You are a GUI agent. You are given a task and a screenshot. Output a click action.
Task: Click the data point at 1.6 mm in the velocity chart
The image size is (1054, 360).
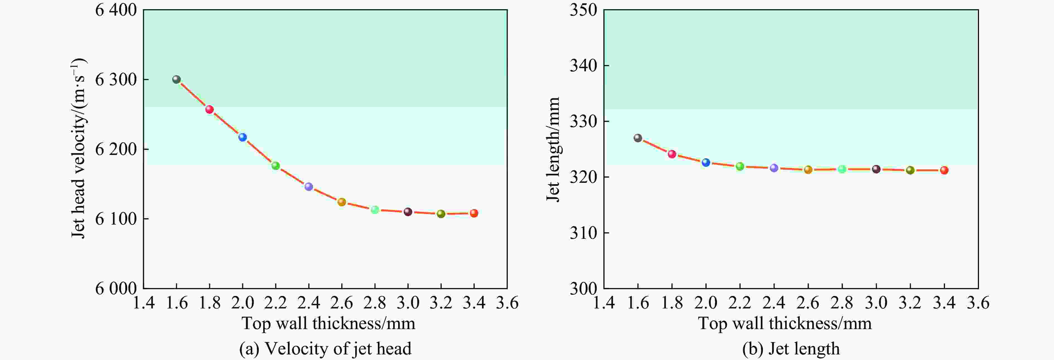176,79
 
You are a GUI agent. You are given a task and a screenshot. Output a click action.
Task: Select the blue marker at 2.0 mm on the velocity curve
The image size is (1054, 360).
243,137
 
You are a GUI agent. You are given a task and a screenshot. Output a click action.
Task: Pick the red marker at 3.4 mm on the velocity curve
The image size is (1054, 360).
474,213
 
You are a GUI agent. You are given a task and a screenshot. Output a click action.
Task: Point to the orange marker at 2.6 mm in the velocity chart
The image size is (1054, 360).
342,202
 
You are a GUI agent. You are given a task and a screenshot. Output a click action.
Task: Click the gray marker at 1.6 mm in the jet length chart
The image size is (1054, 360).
638,138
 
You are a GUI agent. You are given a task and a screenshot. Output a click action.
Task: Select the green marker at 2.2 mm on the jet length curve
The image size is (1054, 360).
740,166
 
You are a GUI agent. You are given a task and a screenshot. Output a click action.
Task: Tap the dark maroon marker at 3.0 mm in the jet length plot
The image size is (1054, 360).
876,169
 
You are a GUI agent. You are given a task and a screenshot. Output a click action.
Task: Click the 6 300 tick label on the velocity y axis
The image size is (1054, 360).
116,79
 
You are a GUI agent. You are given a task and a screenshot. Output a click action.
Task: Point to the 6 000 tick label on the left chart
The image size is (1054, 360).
116,288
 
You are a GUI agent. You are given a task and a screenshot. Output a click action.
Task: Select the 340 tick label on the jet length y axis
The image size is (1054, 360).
583,65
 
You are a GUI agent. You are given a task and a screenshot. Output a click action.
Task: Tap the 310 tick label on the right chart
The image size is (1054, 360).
583,233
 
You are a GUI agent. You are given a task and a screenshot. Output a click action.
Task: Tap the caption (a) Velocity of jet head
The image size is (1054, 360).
325,349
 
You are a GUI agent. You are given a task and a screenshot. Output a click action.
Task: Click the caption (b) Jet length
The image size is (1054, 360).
791,349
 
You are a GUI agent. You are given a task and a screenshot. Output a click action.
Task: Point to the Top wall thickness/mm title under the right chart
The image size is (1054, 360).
785,323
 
